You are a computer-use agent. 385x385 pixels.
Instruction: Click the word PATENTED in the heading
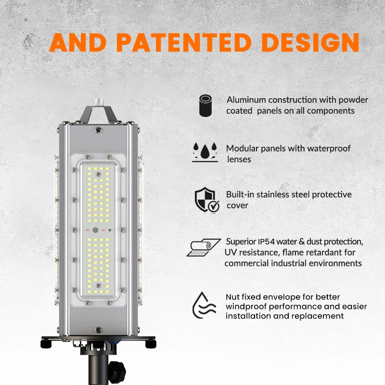click(x=184, y=42)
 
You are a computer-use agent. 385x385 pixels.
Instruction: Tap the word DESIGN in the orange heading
click(x=310, y=42)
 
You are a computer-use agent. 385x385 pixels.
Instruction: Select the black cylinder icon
click(x=205, y=105)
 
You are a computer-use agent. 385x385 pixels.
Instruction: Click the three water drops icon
click(x=205, y=152)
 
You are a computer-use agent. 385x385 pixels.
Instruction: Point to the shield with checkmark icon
click(x=207, y=200)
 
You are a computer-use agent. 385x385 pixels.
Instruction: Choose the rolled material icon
click(x=204, y=247)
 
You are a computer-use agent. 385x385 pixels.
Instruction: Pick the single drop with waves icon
click(x=204, y=305)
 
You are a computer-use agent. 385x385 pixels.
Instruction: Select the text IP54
click(x=266, y=242)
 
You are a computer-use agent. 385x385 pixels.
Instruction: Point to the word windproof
click(x=246, y=307)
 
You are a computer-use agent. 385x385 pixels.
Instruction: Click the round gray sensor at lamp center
click(x=95, y=230)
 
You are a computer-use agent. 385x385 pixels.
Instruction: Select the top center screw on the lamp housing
click(x=98, y=130)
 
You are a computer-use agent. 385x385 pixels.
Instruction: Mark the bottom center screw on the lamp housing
click(x=98, y=330)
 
